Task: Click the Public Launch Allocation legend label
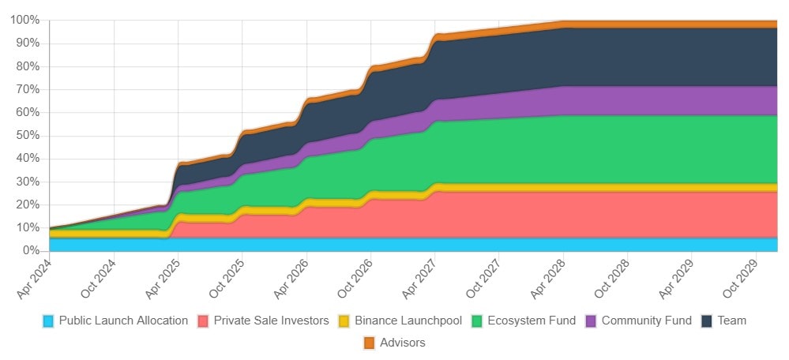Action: pos(123,321)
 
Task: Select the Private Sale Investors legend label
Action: pos(271,321)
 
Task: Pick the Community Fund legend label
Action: pos(646,321)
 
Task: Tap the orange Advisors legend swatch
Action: pos(369,343)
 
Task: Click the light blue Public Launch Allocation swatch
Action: pos(49,321)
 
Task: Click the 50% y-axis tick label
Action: pos(27,135)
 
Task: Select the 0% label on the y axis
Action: pos(30,250)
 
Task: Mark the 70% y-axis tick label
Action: pos(27,89)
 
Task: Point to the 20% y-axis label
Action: pos(27,204)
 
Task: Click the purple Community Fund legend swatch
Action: pos(592,321)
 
